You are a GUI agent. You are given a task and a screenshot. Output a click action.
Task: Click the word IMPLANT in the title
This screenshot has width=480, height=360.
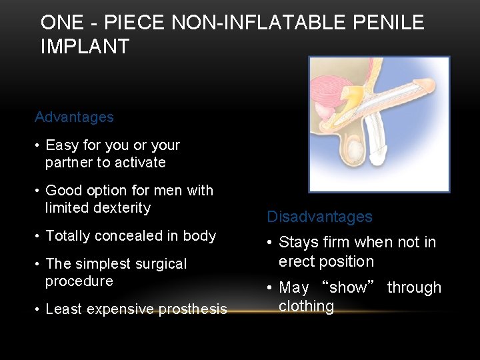coord(85,46)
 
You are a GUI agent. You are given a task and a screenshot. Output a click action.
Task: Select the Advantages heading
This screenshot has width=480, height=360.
coord(74,117)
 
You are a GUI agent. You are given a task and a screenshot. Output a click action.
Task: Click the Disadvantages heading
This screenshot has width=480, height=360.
coord(319,217)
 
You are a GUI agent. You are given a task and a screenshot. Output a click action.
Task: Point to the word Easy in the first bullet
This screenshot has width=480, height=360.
coord(61,145)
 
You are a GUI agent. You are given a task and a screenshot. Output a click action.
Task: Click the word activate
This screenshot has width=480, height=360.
coord(139,163)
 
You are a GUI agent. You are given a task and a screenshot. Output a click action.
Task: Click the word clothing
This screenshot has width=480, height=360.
coord(306,307)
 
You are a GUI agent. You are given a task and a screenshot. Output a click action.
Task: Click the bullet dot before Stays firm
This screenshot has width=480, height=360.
coord(270,243)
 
